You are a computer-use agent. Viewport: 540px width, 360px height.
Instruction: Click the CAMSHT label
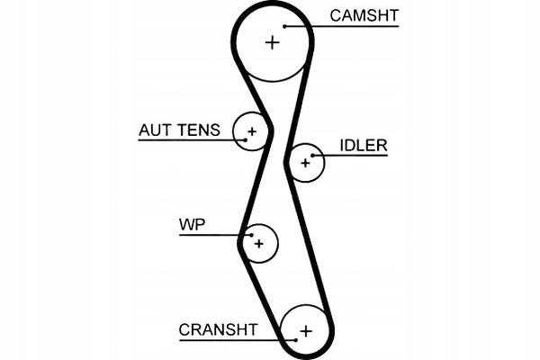pyautogui.click(x=364, y=15)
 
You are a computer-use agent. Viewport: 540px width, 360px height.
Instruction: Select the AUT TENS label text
pyautogui.click(x=178, y=130)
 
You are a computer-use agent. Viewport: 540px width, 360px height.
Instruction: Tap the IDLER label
pyautogui.click(x=364, y=146)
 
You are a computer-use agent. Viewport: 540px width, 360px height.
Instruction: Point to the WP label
pyautogui.click(x=192, y=224)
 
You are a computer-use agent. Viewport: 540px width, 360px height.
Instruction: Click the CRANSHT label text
pyautogui.click(x=218, y=329)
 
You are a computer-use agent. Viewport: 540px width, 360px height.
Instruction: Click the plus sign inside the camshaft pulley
pyautogui.click(x=273, y=42)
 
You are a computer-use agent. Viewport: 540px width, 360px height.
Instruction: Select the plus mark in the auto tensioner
pyautogui.click(x=252, y=133)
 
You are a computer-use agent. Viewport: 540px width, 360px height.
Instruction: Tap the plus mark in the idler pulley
pyautogui.click(x=305, y=163)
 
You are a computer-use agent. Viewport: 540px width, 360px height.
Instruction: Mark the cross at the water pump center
pyautogui.click(x=259, y=243)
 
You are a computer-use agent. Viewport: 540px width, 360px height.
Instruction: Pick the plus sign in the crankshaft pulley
pyautogui.click(x=306, y=330)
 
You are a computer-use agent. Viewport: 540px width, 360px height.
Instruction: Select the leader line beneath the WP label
pyautogui.click(x=211, y=235)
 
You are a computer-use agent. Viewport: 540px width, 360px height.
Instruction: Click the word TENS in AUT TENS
pyautogui.click(x=199, y=130)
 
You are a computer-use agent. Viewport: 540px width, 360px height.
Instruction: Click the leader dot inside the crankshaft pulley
pyautogui.click(x=295, y=339)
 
